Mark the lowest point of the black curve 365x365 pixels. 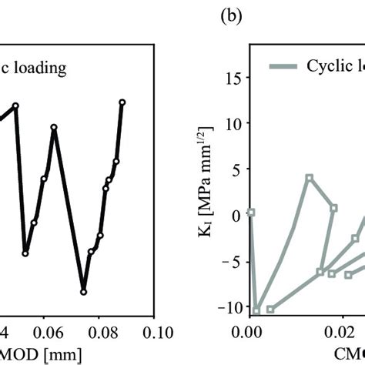point(83,292)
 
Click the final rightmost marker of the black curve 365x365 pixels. point(122,102)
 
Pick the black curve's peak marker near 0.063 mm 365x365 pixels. point(54,128)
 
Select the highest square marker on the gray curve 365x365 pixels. point(309,177)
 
